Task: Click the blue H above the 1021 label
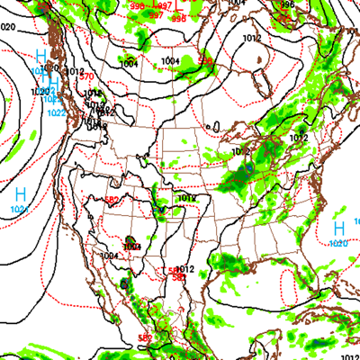(21, 193)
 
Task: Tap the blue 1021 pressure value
(20, 209)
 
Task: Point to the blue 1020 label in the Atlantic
(338, 244)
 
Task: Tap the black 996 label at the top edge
(287, 4)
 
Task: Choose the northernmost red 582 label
(112, 200)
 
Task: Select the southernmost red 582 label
(144, 337)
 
